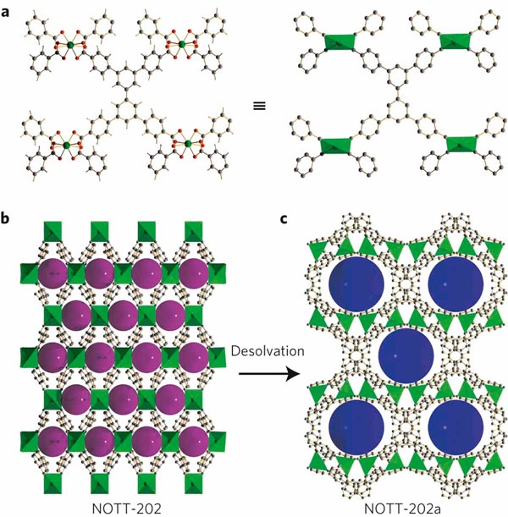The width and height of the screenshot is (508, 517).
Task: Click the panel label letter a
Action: [8, 10]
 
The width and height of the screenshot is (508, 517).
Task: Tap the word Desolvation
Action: [254, 349]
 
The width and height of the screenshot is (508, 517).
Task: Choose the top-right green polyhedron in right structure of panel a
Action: [454, 41]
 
